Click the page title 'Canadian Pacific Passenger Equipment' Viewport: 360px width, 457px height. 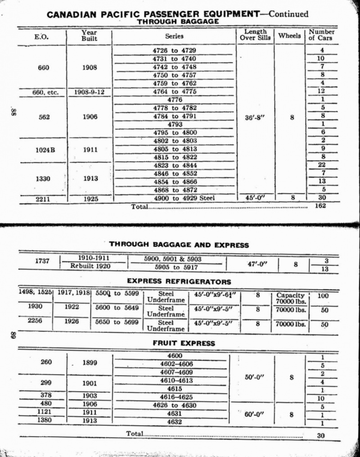coord(153,14)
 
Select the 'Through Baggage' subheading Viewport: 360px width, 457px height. coord(178,21)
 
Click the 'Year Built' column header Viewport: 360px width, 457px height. coord(89,36)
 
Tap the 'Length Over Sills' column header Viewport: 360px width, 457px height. coord(255,35)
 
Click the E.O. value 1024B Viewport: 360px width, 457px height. coord(45,149)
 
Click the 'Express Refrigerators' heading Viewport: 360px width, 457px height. coord(179,281)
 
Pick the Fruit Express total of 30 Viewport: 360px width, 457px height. coord(321,436)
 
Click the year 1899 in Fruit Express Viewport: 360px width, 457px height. coord(90,362)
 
